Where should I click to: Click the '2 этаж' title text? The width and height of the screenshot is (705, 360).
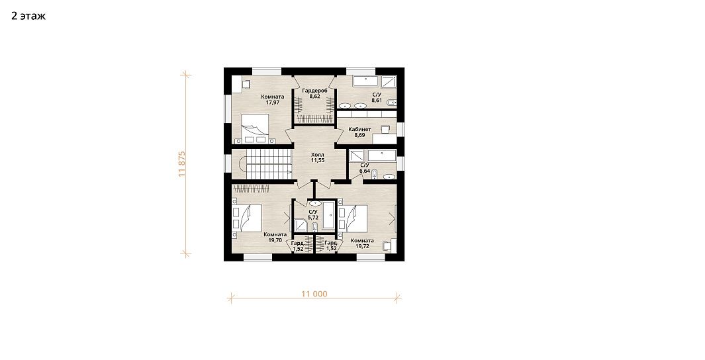[28, 16]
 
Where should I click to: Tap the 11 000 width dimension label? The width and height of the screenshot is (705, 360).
[314, 294]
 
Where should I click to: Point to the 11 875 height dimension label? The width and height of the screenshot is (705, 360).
[182, 163]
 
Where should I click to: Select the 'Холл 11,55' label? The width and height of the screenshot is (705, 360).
[318, 157]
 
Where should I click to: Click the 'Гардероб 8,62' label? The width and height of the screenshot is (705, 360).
[314, 93]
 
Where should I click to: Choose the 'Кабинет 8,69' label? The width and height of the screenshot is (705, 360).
[359, 132]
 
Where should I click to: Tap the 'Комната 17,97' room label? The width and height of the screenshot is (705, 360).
[273, 99]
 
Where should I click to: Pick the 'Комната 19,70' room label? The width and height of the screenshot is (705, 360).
[275, 238]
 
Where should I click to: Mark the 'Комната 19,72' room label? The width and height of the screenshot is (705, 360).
[362, 243]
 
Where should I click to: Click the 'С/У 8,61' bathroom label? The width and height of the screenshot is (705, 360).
[376, 97]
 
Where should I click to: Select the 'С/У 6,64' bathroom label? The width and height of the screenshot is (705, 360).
[365, 168]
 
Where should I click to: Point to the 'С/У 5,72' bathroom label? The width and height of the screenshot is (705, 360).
[313, 214]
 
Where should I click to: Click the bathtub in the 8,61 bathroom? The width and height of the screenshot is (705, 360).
[366, 81]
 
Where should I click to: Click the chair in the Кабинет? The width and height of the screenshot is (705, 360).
[385, 129]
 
